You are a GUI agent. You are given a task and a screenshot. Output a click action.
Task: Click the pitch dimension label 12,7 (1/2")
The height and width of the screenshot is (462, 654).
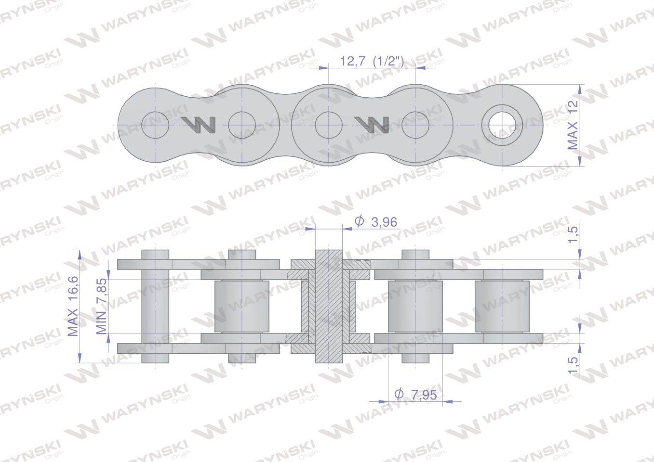click(372, 61)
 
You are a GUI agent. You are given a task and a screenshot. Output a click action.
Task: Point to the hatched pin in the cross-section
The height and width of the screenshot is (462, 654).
click(328, 306)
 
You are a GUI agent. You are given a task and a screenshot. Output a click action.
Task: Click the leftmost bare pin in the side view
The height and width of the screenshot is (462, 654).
click(155, 306)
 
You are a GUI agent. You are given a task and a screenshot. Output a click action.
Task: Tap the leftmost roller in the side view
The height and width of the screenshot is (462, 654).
click(241, 306)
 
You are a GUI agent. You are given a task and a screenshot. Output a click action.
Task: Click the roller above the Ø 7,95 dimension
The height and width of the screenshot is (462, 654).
click(415, 306)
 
